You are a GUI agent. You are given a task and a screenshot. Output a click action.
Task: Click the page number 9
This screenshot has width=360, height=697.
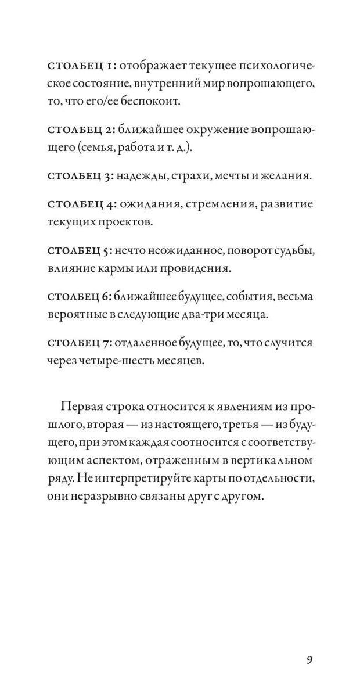(x=309, y=660)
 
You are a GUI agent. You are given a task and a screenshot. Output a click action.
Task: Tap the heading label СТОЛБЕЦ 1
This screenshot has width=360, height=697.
(x=81, y=65)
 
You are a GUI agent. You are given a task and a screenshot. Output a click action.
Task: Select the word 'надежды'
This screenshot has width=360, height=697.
(x=143, y=175)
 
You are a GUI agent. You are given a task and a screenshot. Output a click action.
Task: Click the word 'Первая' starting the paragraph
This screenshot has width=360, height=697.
(x=81, y=407)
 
